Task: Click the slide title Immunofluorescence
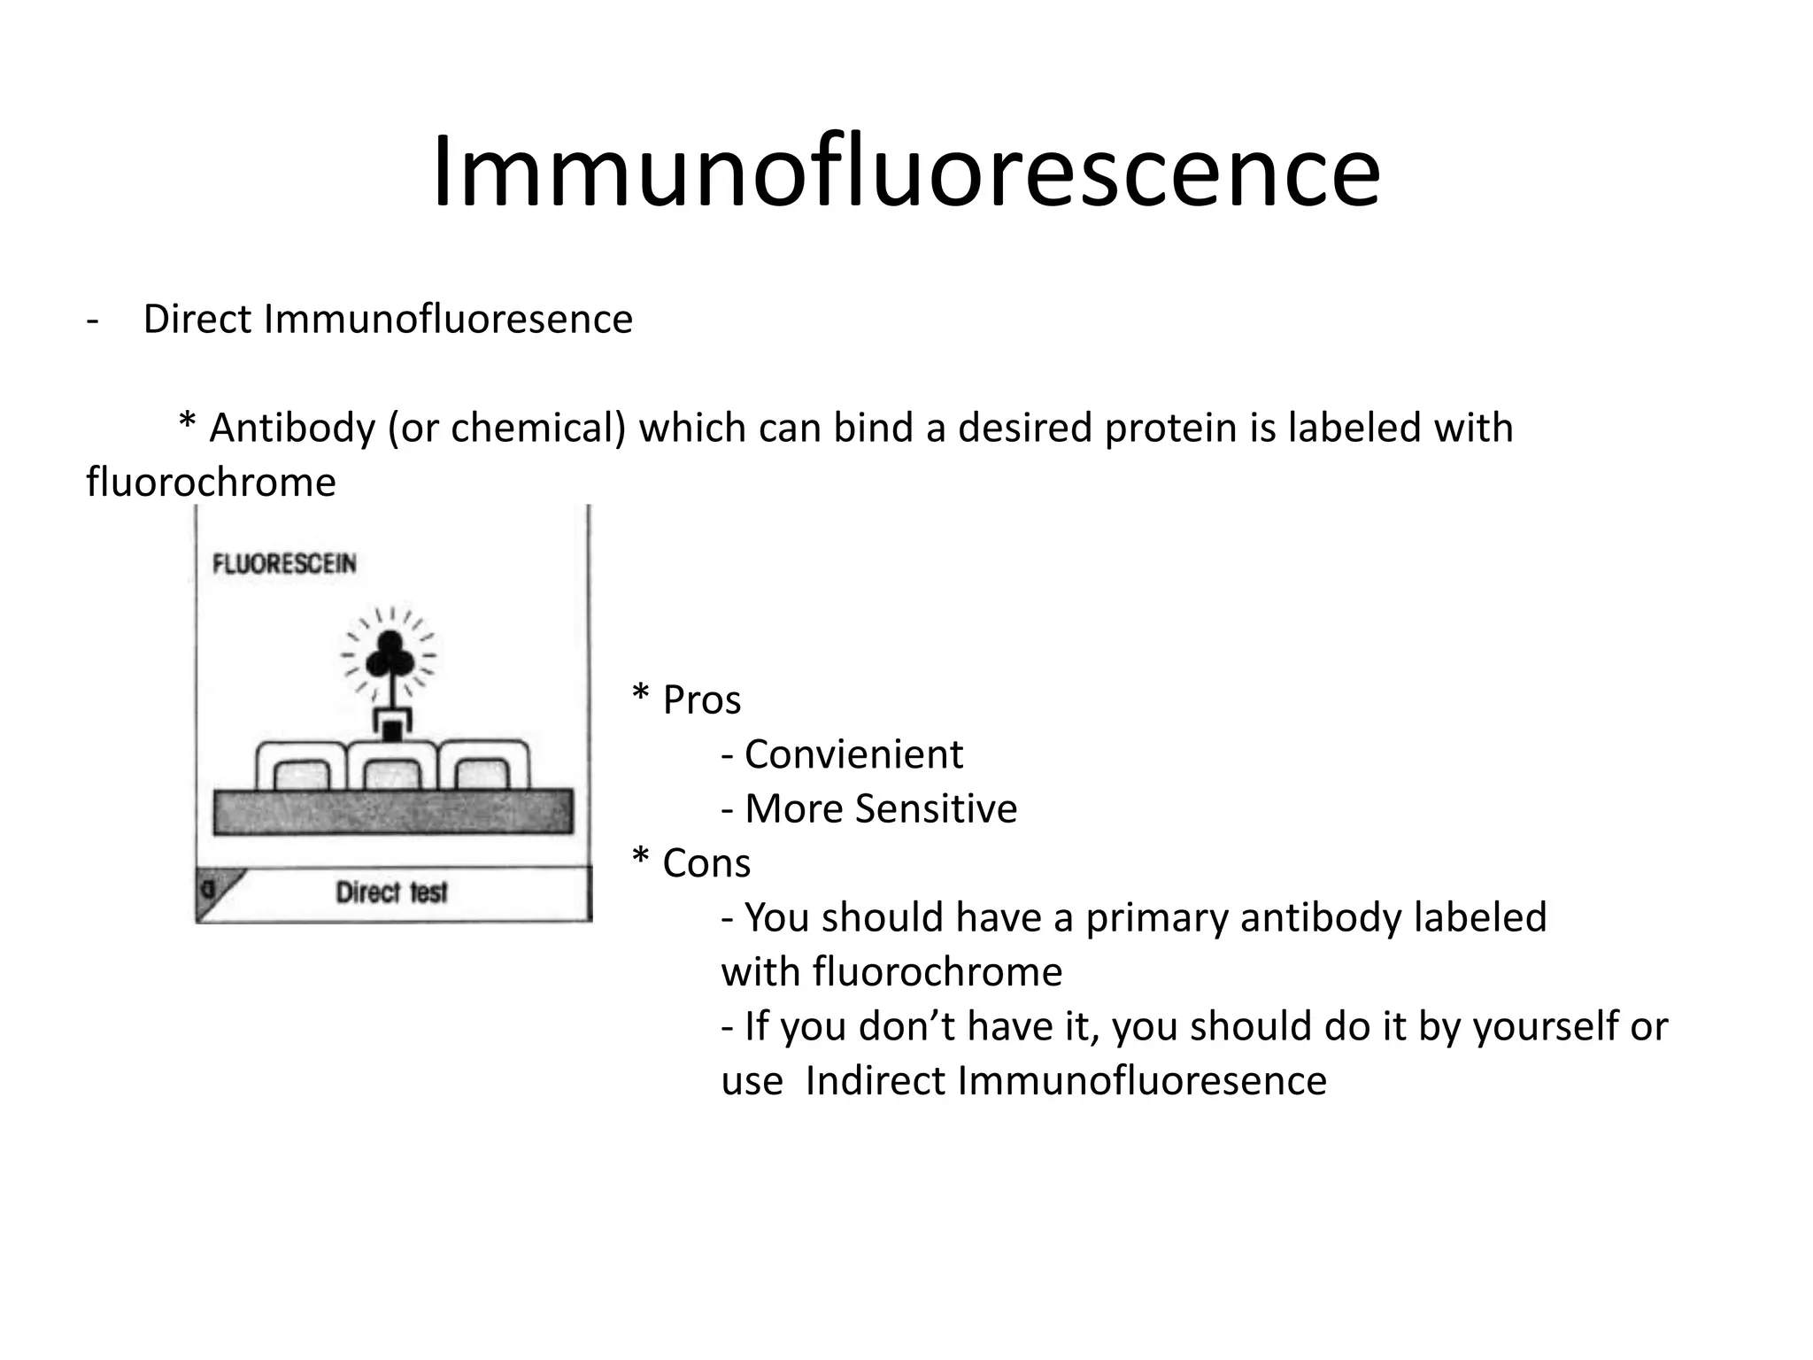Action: pos(906,171)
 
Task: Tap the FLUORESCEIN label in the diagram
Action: pos(284,564)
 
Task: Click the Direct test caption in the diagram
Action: pos(391,892)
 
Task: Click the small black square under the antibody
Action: pos(390,730)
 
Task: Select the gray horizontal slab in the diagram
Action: pos(392,812)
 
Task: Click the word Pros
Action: pos(701,699)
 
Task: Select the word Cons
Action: pos(706,862)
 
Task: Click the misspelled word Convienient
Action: pos(853,754)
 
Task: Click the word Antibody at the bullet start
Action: pos(292,428)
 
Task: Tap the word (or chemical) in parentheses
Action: pos(506,428)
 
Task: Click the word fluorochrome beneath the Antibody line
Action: pos(211,483)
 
